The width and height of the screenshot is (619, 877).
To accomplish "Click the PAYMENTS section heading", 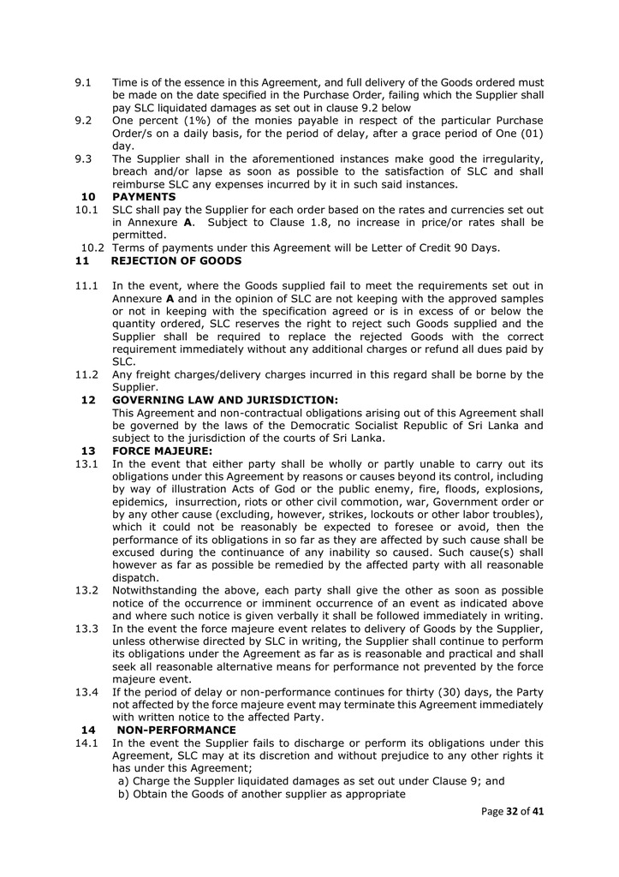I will [144, 197].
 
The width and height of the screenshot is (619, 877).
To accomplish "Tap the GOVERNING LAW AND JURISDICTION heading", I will [225, 400].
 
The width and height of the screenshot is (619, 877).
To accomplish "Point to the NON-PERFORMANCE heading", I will [176, 730].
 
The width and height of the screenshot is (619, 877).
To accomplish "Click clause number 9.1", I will [83, 83].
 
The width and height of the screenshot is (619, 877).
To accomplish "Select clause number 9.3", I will [83, 159].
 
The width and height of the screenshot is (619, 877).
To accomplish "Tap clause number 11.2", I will [86, 374].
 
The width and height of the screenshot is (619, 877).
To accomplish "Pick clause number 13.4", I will [86, 692].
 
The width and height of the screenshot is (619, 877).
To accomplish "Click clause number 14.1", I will [86, 743].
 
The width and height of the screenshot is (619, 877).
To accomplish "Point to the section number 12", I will [87, 400].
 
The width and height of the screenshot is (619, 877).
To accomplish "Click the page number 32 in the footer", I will [510, 812].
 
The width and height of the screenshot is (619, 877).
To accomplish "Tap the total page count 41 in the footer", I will [538, 812].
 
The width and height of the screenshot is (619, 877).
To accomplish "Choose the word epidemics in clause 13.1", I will [140, 502].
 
